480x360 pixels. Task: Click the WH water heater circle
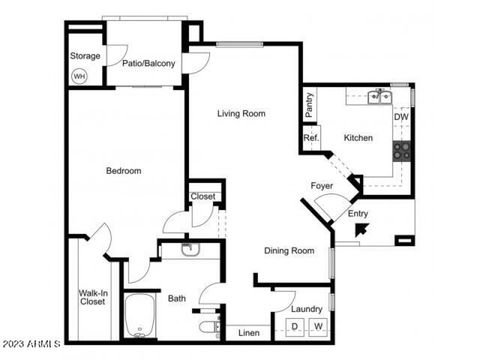[x=79, y=77]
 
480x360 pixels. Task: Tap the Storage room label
[x=85, y=56]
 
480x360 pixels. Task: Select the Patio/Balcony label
[x=149, y=63]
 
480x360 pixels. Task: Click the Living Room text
[x=241, y=113]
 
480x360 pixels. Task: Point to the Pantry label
[x=310, y=104]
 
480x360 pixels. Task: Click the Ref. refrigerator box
[x=311, y=138]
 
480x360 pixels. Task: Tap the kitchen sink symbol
[x=379, y=96]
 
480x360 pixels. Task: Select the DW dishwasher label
[x=401, y=118]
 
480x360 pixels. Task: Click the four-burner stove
[x=402, y=151]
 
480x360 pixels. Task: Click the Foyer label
[x=322, y=186]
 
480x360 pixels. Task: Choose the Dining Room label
[x=289, y=251]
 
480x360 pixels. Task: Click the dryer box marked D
[x=295, y=326]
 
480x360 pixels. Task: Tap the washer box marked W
[x=318, y=326]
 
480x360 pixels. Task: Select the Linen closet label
[x=248, y=333]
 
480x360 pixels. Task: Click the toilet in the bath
[x=208, y=328]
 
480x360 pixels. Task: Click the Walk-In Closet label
[x=94, y=297]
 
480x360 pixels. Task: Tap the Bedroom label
[x=124, y=171]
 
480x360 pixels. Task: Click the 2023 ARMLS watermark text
[x=31, y=344]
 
